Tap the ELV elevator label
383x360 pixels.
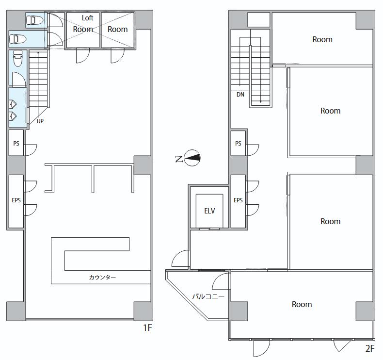click(x=209, y=211)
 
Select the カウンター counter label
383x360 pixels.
click(x=102, y=277)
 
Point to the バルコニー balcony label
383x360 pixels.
click(x=208, y=296)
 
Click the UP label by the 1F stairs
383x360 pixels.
click(x=40, y=121)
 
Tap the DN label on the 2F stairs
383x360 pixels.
click(x=240, y=94)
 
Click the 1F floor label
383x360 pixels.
click(x=147, y=327)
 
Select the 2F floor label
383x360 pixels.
click(x=370, y=348)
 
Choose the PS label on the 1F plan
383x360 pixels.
click(x=16, y=143)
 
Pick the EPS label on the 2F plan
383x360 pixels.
click(x=238, y=200)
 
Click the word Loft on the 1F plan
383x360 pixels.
click(x=87, y=18)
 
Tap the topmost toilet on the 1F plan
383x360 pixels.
click(x=35, y=20)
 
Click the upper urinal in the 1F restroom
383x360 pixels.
click(x=13, y=104)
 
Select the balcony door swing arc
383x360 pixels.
click(x=221, y=281)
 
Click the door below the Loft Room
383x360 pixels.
click(x=83, y=55)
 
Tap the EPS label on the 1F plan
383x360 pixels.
click(x=16, y=200)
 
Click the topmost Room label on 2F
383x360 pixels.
click(x=322, y=39)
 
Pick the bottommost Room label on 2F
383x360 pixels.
click(x=302, y=304)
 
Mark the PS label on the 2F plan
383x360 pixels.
click(x=238, y=143)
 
